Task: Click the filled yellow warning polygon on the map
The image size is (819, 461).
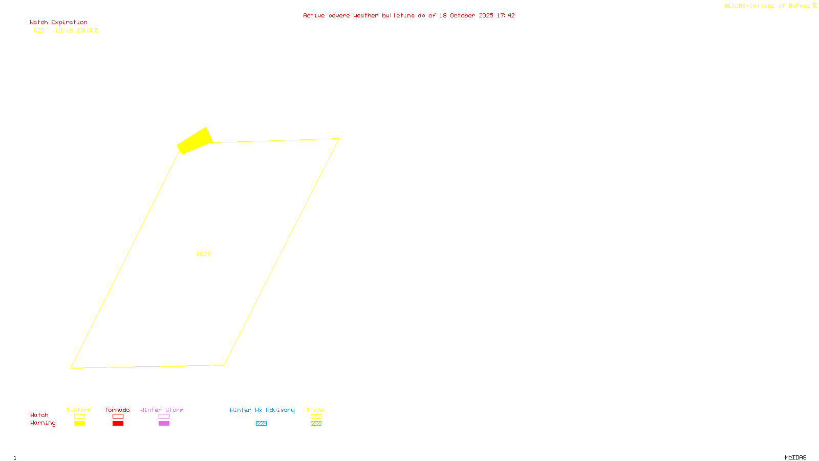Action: pyautogui.click(x=195, y=140)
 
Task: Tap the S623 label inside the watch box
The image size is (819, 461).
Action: pyautogui.click(x=203, y=254)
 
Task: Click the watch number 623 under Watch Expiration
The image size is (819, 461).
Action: pyautogui.click(x=39, y=30)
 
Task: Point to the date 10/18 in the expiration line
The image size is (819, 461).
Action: pyautogui.click(x=64, y=30)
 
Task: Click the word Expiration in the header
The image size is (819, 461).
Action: pyautogui.click(x=69, y=23)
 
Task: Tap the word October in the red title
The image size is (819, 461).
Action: pyautogui.click(x=462, y=15)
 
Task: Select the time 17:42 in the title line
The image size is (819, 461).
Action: pyautogui.click(x=505, y=15)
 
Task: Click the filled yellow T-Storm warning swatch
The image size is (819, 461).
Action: pyautogui.click(x=79, y=424)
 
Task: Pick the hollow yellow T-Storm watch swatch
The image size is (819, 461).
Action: pyautogui.click(x=79, y=416)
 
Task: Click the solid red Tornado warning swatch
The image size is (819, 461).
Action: pyautogui.click(x=118, y=424)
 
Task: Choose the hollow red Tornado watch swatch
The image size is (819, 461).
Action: pyautogui.click(x=118, y=416)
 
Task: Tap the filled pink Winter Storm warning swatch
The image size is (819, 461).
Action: pyautogui.click(x=164, y=424)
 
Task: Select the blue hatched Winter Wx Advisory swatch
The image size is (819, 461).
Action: pyautogui.click(x=261, y=424)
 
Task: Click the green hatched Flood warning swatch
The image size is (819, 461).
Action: pyautogui.click(x=316, y=424)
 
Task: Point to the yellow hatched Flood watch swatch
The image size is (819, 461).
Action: pyautogui.click(x=316, y=416)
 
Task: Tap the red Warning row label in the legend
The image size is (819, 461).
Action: pyautogui.click(x=42, y=423)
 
